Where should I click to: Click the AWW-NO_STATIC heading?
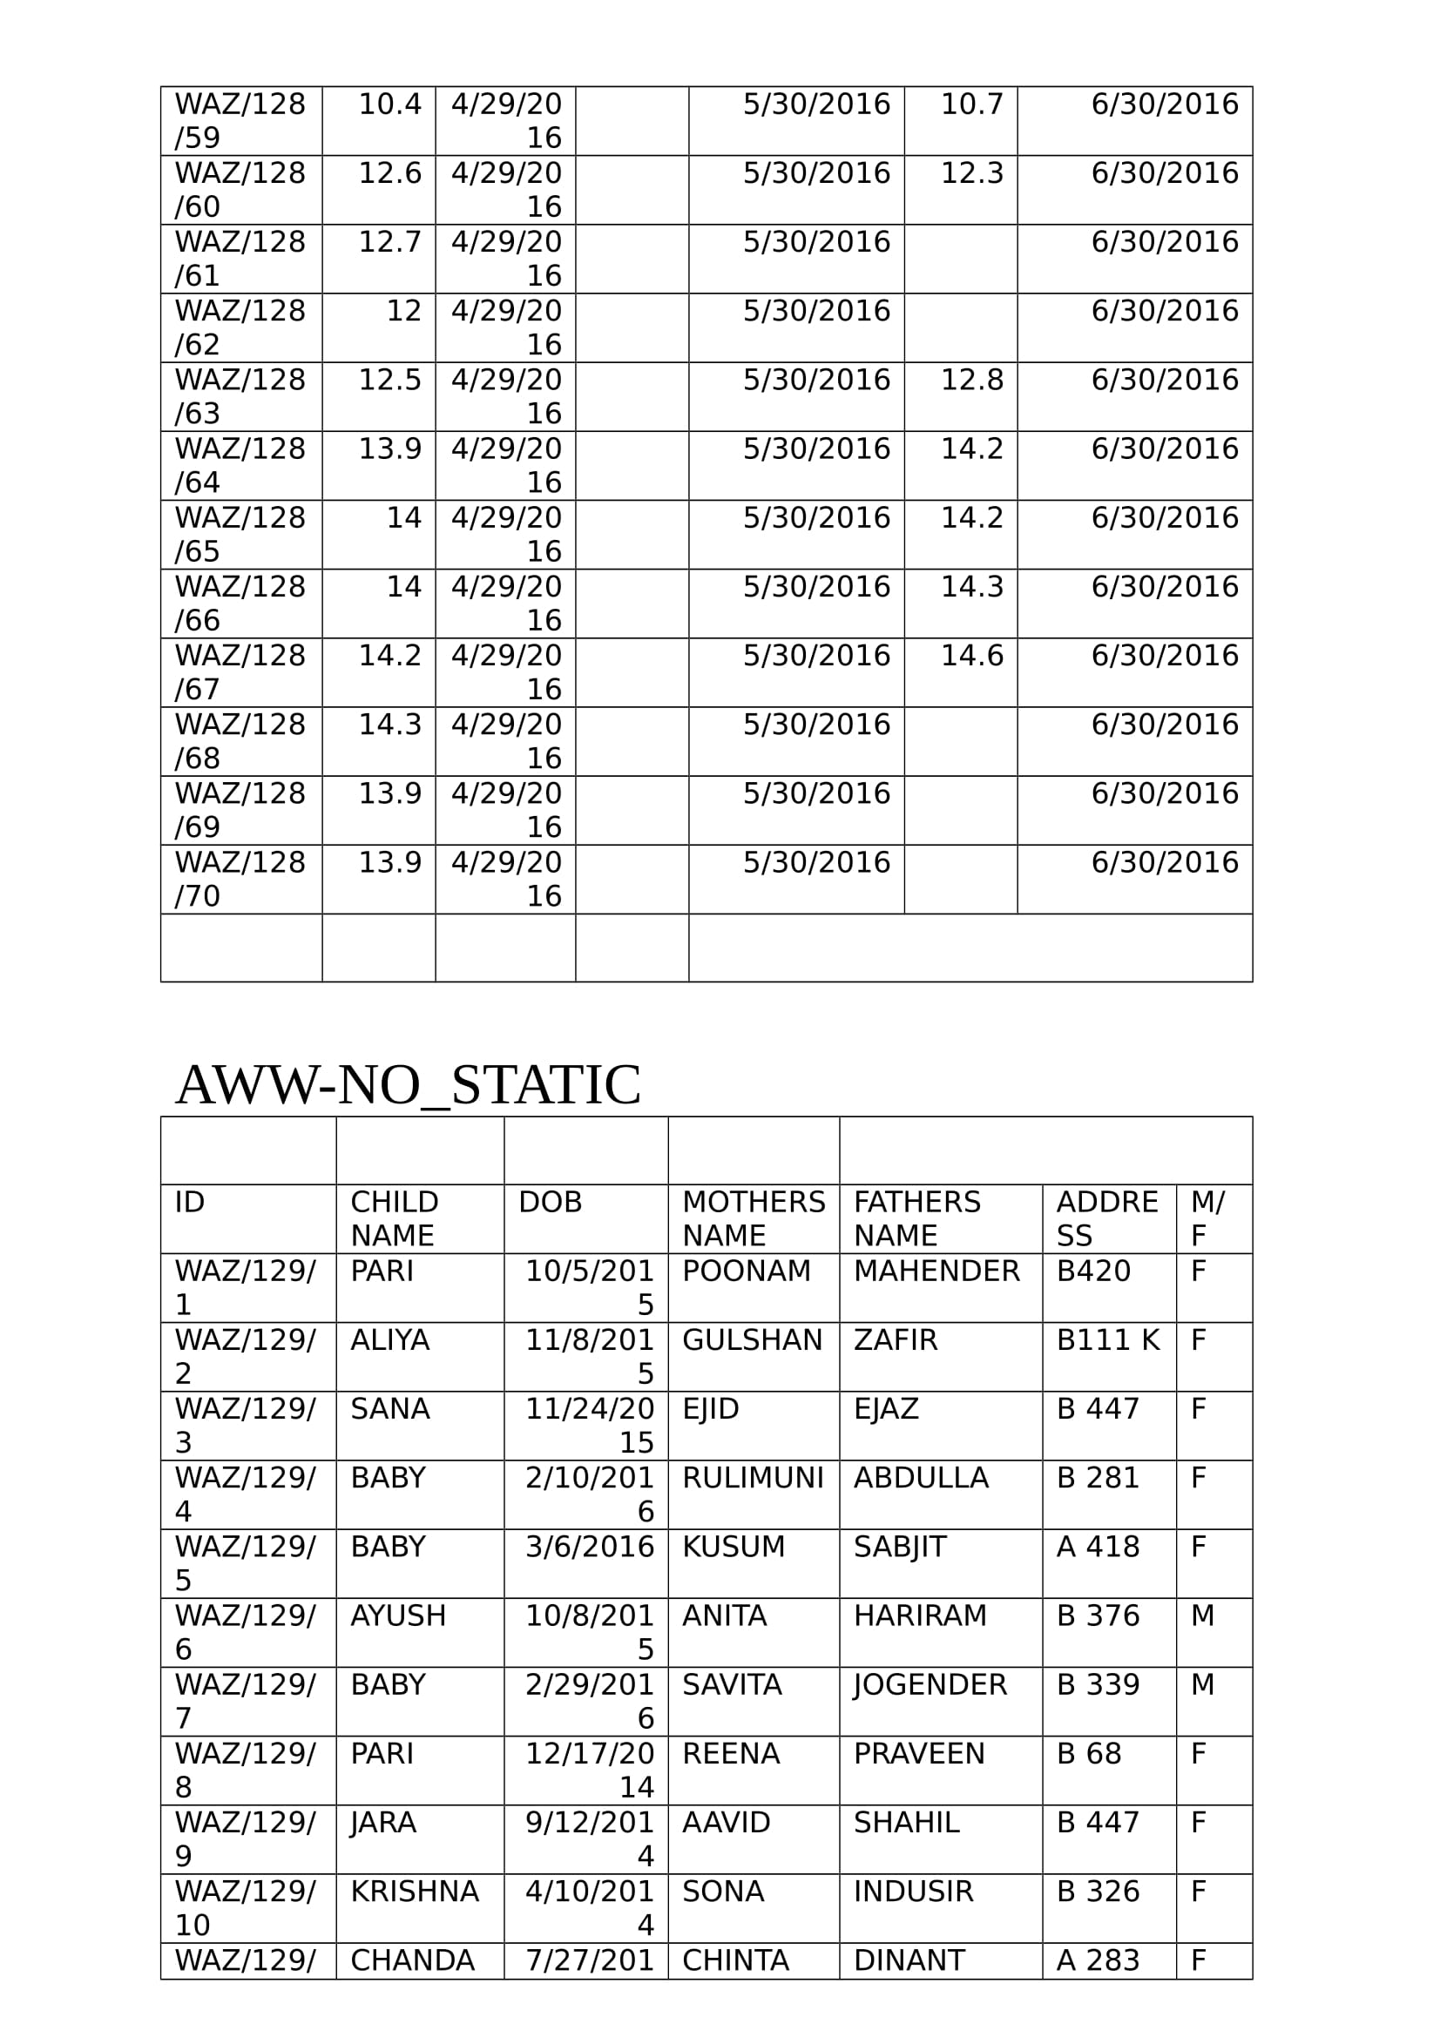[409, 1084]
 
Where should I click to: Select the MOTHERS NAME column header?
[754, 1218]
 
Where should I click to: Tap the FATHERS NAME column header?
[916, 1218]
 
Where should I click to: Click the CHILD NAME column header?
[394, 1218]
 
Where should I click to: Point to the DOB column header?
[550, 1202]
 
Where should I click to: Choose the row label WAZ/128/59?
[240, 121]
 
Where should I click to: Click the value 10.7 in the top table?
[971, 105]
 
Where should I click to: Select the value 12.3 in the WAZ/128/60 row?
[971, 173]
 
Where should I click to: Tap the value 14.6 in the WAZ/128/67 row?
[971, 656]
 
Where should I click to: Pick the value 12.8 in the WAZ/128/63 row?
[971, 380]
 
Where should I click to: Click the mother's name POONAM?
[747, 1271]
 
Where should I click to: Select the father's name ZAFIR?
[896, 1339]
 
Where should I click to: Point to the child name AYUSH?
[398, 1615]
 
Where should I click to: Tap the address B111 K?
[1107, 1339]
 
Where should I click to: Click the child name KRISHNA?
[415, 1892]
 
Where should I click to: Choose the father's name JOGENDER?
[930, 1685]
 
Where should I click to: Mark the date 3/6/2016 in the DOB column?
[589, 1547]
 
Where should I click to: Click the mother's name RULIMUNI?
[753, 1478]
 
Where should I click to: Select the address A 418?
[1098, 1547]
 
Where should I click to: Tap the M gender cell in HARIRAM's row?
[1202, 1615]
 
